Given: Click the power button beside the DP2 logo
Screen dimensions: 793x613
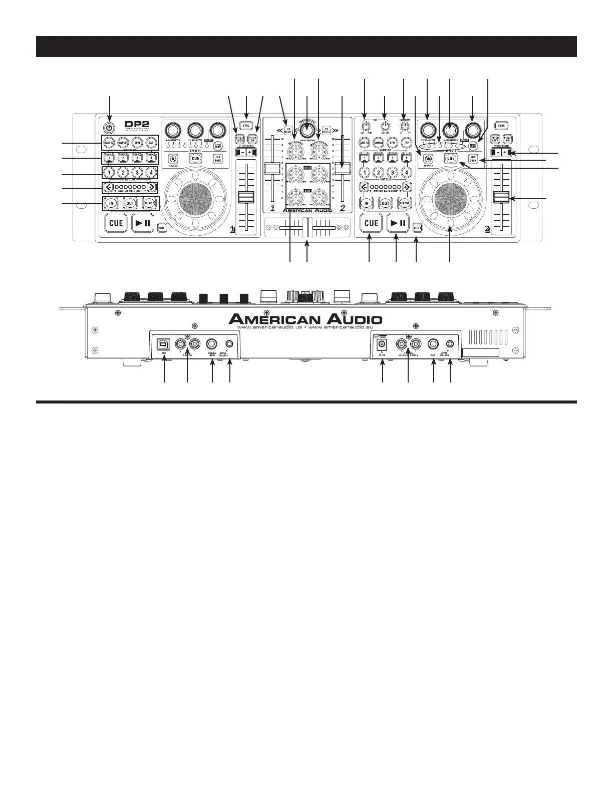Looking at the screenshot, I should [110, 126].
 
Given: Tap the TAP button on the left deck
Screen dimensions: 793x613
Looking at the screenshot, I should [151, 143].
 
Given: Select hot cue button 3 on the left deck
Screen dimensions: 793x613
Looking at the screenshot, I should [137, 173].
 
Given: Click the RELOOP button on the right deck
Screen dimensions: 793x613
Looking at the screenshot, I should [405, 203].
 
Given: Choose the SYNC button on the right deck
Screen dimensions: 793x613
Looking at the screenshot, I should [501, 126].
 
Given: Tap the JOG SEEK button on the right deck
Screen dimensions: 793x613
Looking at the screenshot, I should [473, 159].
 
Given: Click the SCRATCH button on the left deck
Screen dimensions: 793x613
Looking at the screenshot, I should [172, 159].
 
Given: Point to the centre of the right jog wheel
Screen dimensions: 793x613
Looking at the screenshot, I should [450, 199].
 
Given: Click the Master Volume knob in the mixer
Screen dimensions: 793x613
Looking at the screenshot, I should [318, 151].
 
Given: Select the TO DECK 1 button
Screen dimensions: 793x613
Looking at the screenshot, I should [288, 130].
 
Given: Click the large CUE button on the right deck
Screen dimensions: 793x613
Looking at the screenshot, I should [371, 223].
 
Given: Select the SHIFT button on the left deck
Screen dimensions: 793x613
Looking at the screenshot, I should [162, 228].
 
